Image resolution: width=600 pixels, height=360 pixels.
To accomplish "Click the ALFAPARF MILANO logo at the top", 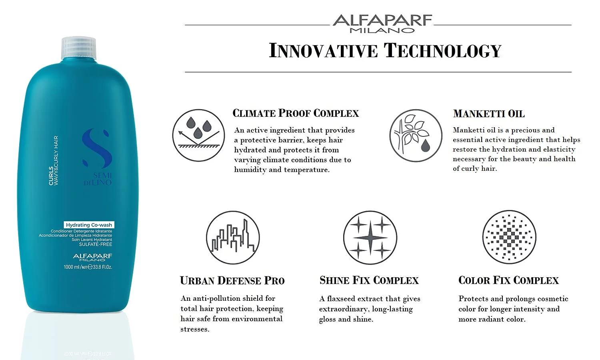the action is pyautogui.click(x=382, y=24).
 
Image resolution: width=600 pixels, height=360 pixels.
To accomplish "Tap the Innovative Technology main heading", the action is pyautogui.click(x=385, y=50).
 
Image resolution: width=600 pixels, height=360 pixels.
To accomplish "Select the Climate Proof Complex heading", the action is pyautogui.click(x=296, y=113).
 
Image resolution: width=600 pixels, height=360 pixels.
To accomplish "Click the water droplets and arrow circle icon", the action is pyautogui.click(x=198, y=135).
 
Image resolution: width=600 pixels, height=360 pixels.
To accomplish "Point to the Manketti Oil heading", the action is pyautogui.click(x=489, y=114).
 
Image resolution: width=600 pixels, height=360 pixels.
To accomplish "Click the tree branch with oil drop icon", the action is pyautogui.click(x=416, y=136).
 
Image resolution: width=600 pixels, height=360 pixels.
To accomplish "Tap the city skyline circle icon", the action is pyautogui.click(x=233, y=238).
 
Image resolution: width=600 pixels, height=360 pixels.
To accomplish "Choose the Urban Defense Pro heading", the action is pyautogui.click(x=232, y=281).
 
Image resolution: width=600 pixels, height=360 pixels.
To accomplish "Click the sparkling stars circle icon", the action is pyautogui.click(x=370, y=238).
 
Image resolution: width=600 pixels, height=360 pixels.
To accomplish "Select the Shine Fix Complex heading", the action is pyautogui.click(x=369, y=280).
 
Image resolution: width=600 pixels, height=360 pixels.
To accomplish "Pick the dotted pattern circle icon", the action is pyautogui.click(x=509, y=237).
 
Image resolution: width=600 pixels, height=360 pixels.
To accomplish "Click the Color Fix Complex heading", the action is pyautogui.click(x=508, y=280).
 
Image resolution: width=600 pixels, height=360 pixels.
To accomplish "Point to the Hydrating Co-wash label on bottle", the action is pyautogui.click(x=89, y=225).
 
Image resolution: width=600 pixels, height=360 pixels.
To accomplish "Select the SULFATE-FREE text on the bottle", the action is pyautogui.click(x=95, y=244).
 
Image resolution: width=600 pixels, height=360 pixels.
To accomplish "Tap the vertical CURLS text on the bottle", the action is pyautogui.click(x=51, y=176).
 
